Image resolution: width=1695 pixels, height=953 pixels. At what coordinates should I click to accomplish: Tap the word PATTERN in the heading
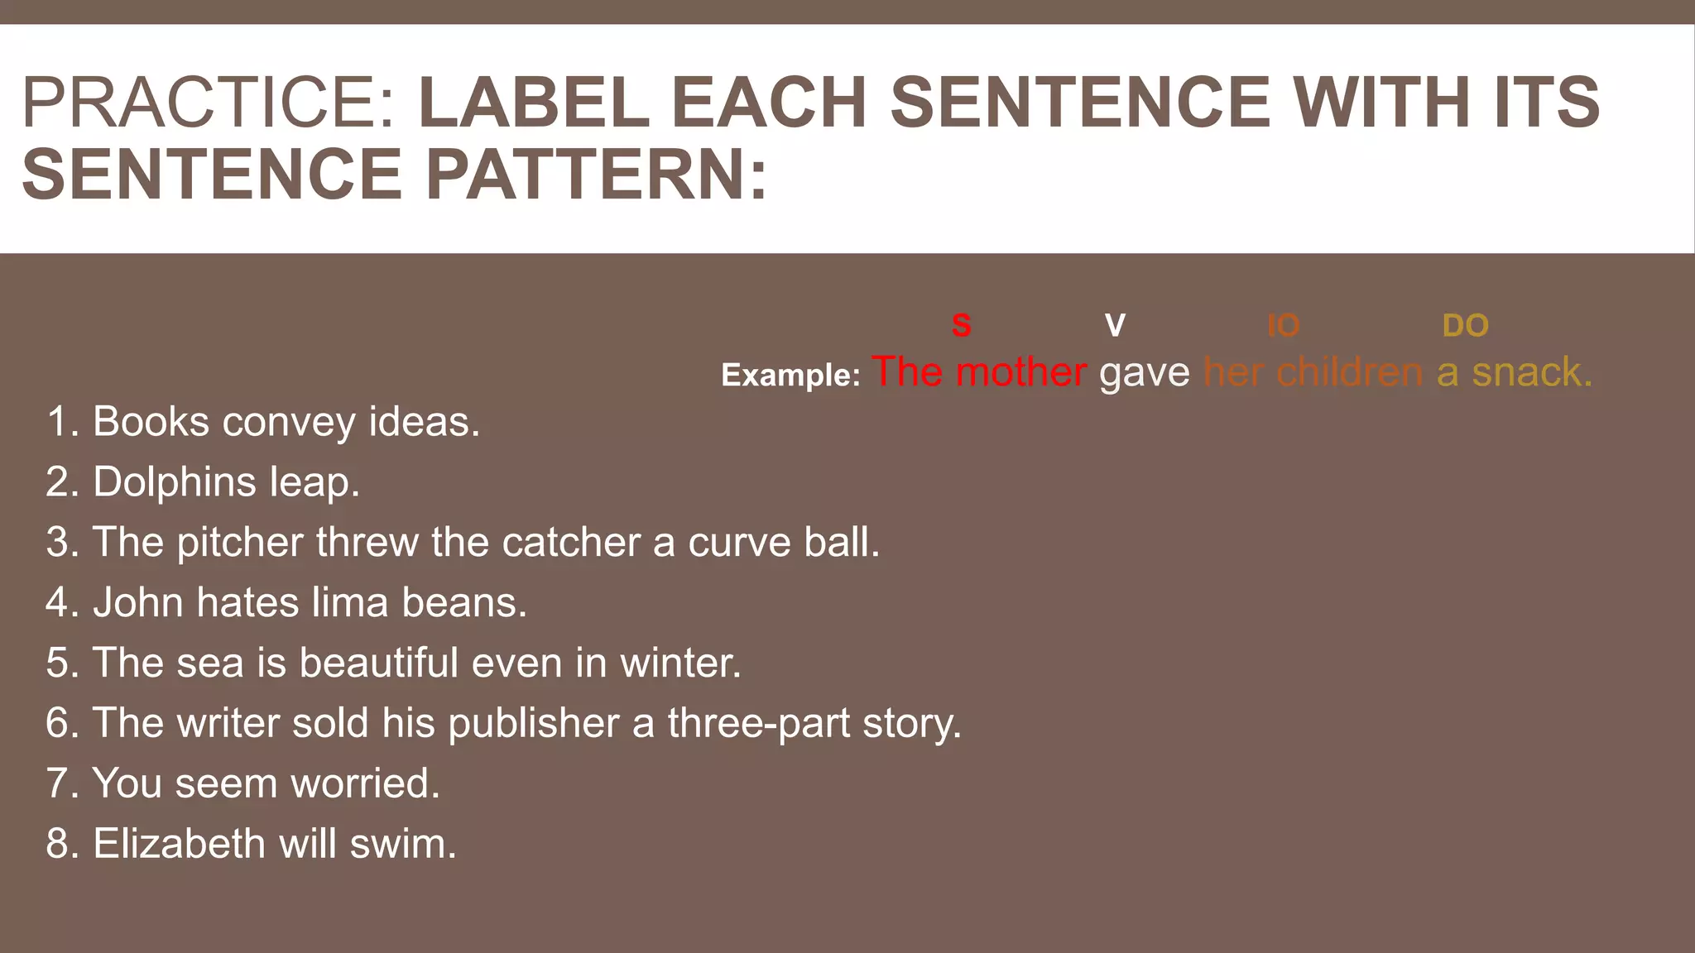[x=596, y=175]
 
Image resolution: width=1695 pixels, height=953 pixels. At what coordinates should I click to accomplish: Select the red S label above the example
[x=961, y=325]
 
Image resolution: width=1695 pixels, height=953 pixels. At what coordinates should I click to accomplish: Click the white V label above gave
[x=1115, y=325]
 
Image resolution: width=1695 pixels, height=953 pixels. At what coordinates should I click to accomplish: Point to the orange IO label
[x=1283, y=326]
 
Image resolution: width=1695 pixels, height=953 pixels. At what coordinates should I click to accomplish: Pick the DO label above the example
[x=1465, y=326]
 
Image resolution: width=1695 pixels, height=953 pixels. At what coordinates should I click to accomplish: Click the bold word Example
[x=790, y=375]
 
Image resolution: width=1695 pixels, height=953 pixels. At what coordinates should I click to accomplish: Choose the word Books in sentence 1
[x=151, y=422]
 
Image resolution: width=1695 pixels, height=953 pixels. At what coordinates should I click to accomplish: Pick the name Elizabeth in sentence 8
[x=179, y=844]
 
